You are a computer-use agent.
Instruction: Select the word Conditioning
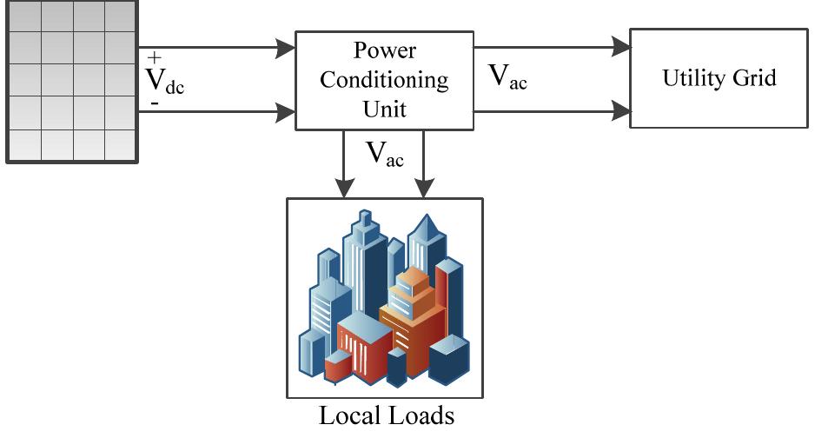(384, 80)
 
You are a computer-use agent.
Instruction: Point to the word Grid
(753, 78)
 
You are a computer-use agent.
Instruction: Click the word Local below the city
(350, 415)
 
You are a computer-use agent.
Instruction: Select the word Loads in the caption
(421, 415)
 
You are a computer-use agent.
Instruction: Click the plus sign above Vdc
(155, 58)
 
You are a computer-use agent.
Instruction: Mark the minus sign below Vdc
(154, 103)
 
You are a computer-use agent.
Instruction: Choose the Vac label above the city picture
(384, 154)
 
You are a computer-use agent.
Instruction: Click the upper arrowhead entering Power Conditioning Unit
(285, 48)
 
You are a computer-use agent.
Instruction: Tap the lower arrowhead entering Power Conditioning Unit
(285, 111)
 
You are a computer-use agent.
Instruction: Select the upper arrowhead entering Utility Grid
(619, 48)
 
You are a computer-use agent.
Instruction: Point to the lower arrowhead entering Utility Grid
(619, 111)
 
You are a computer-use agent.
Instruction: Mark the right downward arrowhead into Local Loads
(423, 188)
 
